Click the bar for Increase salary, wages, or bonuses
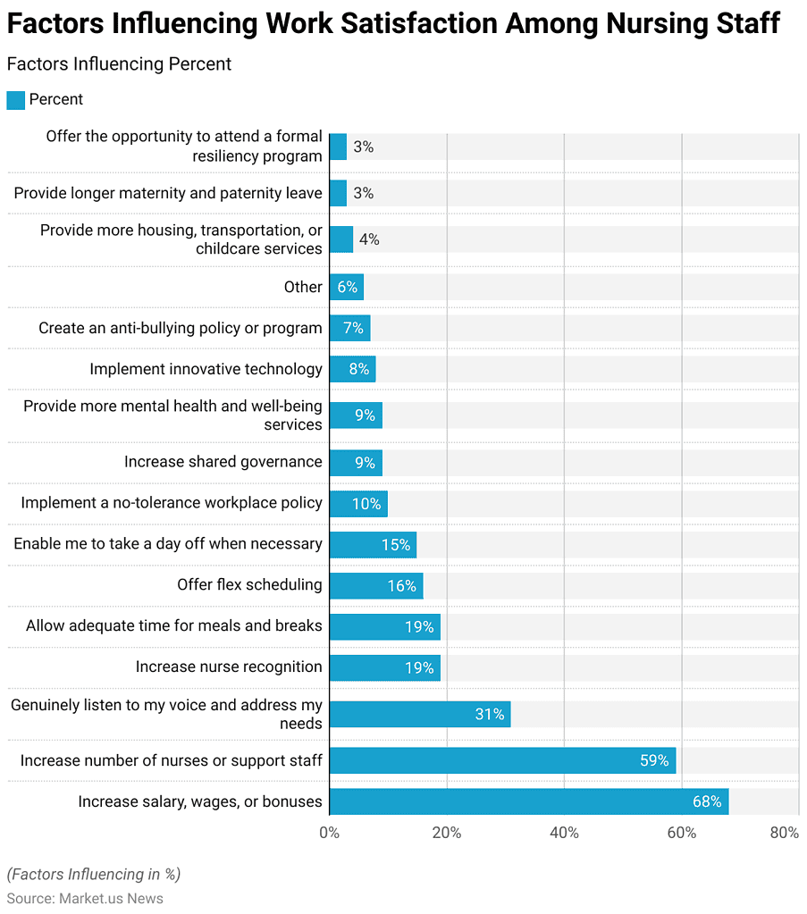528,801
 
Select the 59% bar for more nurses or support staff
502,760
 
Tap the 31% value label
490,714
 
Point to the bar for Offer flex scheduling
375,586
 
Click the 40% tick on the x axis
564,833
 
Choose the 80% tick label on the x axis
784,833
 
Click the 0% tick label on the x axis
329,833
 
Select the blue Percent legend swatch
15,100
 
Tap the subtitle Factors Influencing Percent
119,64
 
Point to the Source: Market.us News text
85,898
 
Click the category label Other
302,287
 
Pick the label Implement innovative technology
206,369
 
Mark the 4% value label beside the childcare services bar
368,239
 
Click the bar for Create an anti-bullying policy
349,328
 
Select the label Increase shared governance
223,462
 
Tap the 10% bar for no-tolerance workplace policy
357,504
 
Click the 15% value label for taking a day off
396,545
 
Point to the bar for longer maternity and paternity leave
338,193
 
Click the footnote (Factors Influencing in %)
93,874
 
